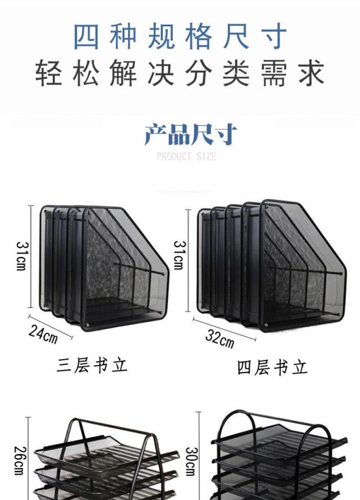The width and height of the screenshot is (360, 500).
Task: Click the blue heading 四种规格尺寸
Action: pos(180,36)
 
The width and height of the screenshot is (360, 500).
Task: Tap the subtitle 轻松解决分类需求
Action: pos(180,73)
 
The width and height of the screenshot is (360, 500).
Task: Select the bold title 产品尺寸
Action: pos(191,134)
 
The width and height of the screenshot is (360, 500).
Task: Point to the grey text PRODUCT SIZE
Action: pos(187,156)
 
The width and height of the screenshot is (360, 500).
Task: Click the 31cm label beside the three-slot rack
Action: pos(22,256)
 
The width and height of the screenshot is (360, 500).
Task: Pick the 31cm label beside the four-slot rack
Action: pos(179,255)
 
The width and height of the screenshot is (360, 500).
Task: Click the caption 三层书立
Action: pos(92,366)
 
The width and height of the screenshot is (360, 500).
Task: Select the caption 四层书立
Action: pos(272,368)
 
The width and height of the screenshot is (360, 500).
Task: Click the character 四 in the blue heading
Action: pos(86,36)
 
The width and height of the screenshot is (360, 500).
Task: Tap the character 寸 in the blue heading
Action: pos(274,36)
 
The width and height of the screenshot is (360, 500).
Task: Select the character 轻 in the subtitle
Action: pos(48,73)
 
